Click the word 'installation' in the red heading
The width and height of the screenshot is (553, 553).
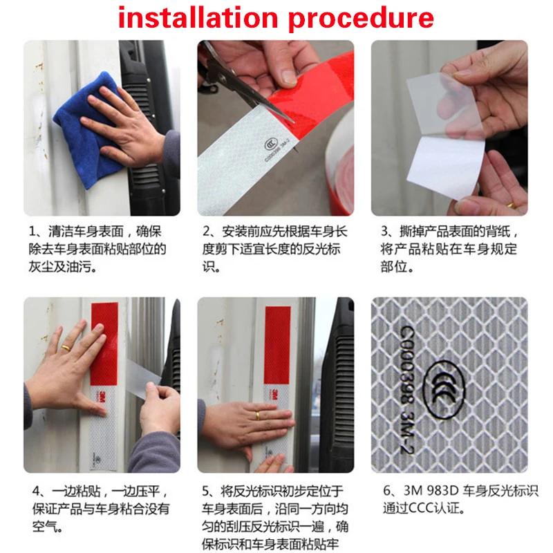tap(198, 18)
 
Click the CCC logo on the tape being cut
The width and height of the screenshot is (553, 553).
tap(271, 144)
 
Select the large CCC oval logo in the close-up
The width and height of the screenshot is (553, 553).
tap(444, 389)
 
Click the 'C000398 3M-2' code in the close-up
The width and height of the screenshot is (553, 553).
tap(408, 388)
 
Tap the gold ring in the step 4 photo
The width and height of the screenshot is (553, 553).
tap(66, 348)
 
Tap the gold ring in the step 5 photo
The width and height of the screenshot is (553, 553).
tap(258, 415)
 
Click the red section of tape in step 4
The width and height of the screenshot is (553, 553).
tap(104, 344)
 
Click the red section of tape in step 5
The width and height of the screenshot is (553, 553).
tap(277, 345)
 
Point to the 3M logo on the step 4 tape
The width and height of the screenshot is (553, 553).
tap(103, 395)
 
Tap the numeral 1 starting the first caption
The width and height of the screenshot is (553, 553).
tap(32, 232)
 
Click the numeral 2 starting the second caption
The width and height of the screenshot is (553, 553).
tap(206, 232)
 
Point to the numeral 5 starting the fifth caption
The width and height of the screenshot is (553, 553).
tap(205, 491)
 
